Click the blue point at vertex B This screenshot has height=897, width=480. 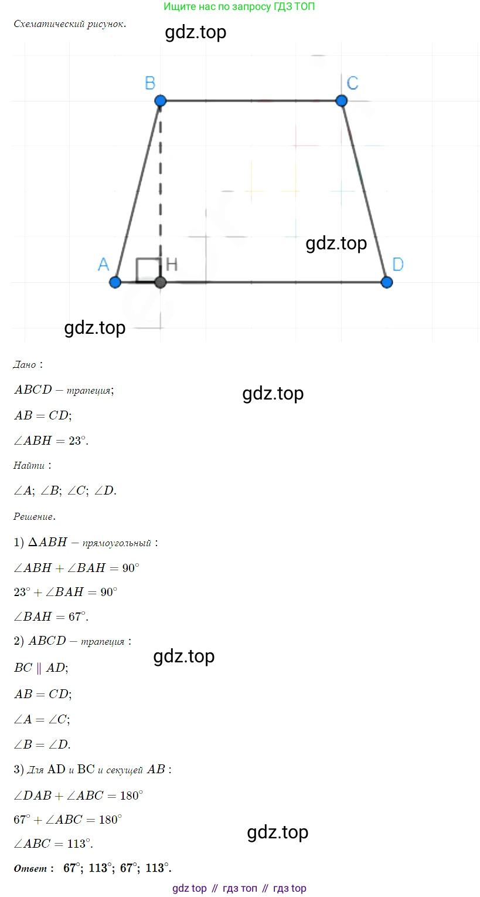pyautogui.click(x=161, y=100)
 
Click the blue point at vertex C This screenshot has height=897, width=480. pyautogui.click(x=341, y=100)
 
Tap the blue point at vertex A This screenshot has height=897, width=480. pyautogui.click(x=115, y=282)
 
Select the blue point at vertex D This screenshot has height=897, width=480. pyautogui.click(x=386, y=282)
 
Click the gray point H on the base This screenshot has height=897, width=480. pyautogui.click(x=161, y=282)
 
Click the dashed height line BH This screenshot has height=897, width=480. pyautogui.click(x=161, y=191)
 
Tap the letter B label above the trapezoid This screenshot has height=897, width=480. pyautogui.click(x=150, y=83)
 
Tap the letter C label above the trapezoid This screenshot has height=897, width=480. pyautogui.click(x=352, y=83)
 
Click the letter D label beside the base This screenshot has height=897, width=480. pyautogui.click(x=398, y=265)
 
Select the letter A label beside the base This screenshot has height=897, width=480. pyautogui.click(x=104, y=265)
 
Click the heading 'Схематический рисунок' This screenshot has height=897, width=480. pyautogui.click(x=70, y=24)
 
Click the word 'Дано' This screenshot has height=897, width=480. pyautogui.click(x=25, y=364)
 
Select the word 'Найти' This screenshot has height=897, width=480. pyautogui.click(x=29, y=465)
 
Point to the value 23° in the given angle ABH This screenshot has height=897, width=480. pyautogui.click(x=77, y=441)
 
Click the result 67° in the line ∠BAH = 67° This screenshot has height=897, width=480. pyautogui.click(x=77, y=617)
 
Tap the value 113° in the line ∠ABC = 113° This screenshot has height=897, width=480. pyautogui.click(x=79, y=844)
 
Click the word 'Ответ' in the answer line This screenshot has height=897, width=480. pyautogui.click(x=30, y=868)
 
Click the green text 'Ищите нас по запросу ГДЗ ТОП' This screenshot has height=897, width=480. pyautogui.click(x=239, y=6)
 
